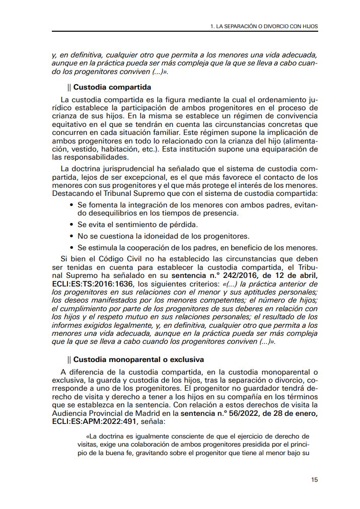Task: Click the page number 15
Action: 314,480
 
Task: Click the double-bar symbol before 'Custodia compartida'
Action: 69,87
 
